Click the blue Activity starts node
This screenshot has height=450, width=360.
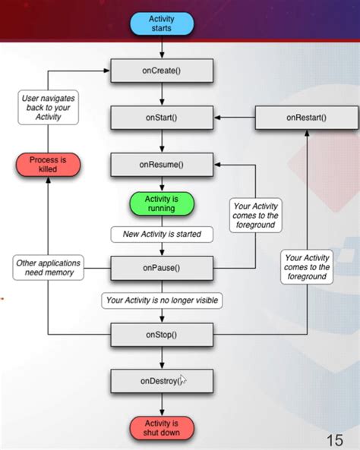(x=162, y=24)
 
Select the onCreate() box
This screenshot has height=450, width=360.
(x=162, y=71)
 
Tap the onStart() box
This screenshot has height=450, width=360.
(x=162, y=118)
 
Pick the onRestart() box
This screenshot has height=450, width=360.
(x=307, y=118)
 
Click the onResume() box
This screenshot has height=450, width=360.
(x=162, y=165)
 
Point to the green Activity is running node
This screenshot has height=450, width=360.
(x=162, y=204)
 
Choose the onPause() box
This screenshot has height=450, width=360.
(x=162, y=268)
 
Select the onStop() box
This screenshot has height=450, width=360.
(x=162, y=335)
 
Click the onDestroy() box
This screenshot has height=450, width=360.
(x=162, y=381)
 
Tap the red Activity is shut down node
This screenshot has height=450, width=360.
(x=162, y=428)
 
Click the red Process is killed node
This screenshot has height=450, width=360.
(x=48, y=165)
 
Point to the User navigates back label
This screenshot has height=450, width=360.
(x=48, y=108)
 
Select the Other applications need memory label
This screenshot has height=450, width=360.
(x=49, y=268)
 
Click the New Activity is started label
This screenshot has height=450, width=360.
(x=162, y=234)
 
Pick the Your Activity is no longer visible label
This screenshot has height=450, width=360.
(x=162, y=301)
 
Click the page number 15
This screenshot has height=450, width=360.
(x=335, y=439)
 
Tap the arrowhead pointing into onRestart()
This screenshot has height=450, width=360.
(x=307, y=133)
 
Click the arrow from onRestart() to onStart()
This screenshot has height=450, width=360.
(x=235, y=118)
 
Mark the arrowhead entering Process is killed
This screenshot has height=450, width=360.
(x=48, y=180)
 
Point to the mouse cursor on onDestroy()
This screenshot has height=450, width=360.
(x=182, y=379)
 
